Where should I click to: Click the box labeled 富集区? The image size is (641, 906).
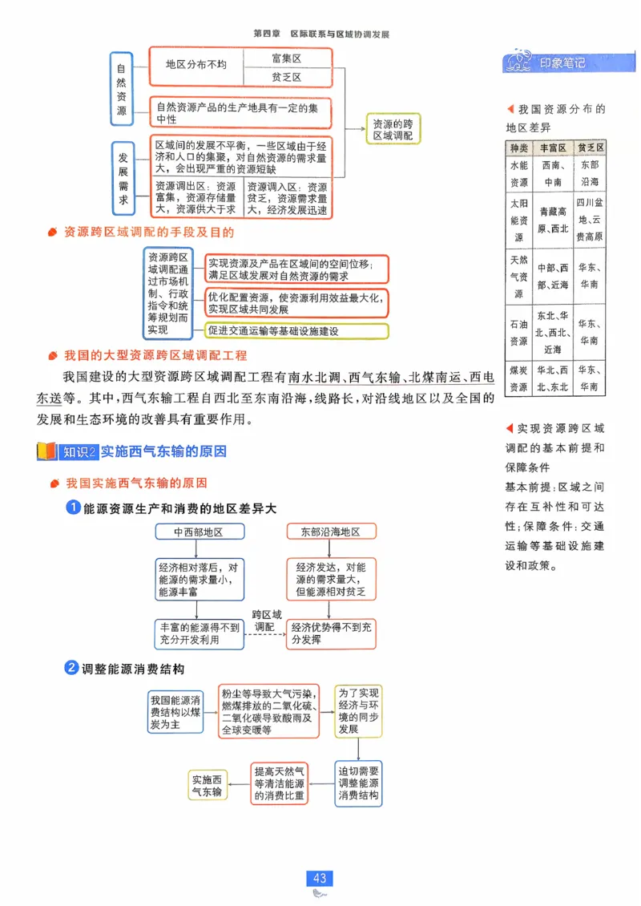coord(286,59)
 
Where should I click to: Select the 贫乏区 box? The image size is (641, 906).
coord(286,77)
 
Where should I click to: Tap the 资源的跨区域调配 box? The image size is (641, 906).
coord(393,130)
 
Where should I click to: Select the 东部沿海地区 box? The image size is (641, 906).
coord(330,532)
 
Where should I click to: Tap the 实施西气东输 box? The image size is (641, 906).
coord(207,785)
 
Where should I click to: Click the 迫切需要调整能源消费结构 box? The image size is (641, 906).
coord(358,783)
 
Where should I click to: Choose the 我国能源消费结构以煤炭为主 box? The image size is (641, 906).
coord(175,712)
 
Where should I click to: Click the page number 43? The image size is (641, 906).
coord(320,878)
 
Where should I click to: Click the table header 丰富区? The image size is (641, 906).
coord(552,148)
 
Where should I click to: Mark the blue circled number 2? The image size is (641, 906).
coord(72,668)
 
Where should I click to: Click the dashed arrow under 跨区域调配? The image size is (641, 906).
coord(264,635)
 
